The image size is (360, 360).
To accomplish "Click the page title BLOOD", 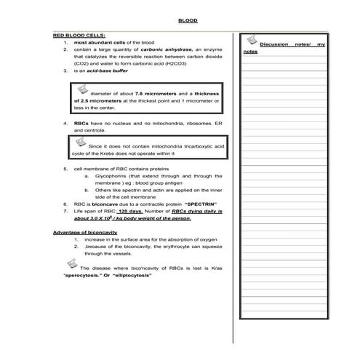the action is [188, 20].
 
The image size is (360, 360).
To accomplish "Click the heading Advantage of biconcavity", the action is [84, 232].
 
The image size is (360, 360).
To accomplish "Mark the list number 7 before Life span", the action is [66, 211].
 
